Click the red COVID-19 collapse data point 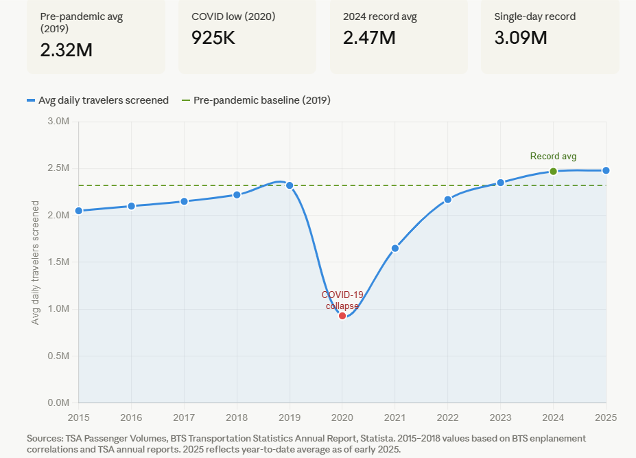[342, 316]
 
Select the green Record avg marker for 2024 [553, 172]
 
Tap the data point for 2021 [395, 248]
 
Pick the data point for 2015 [78, 211]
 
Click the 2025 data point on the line [606, 170]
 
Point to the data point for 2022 [448, 199]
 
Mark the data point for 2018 [237, 194]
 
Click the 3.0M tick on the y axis [58, 122]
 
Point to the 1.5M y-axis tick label [58, 262]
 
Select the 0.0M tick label [58, 403]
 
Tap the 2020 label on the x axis [342, 417]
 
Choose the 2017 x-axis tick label [184, 417]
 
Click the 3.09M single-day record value [521, 38]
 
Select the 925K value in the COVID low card [213, 38]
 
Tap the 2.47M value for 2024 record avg [369, 38]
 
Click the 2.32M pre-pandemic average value [67, 50]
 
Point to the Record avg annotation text [553, 157]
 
